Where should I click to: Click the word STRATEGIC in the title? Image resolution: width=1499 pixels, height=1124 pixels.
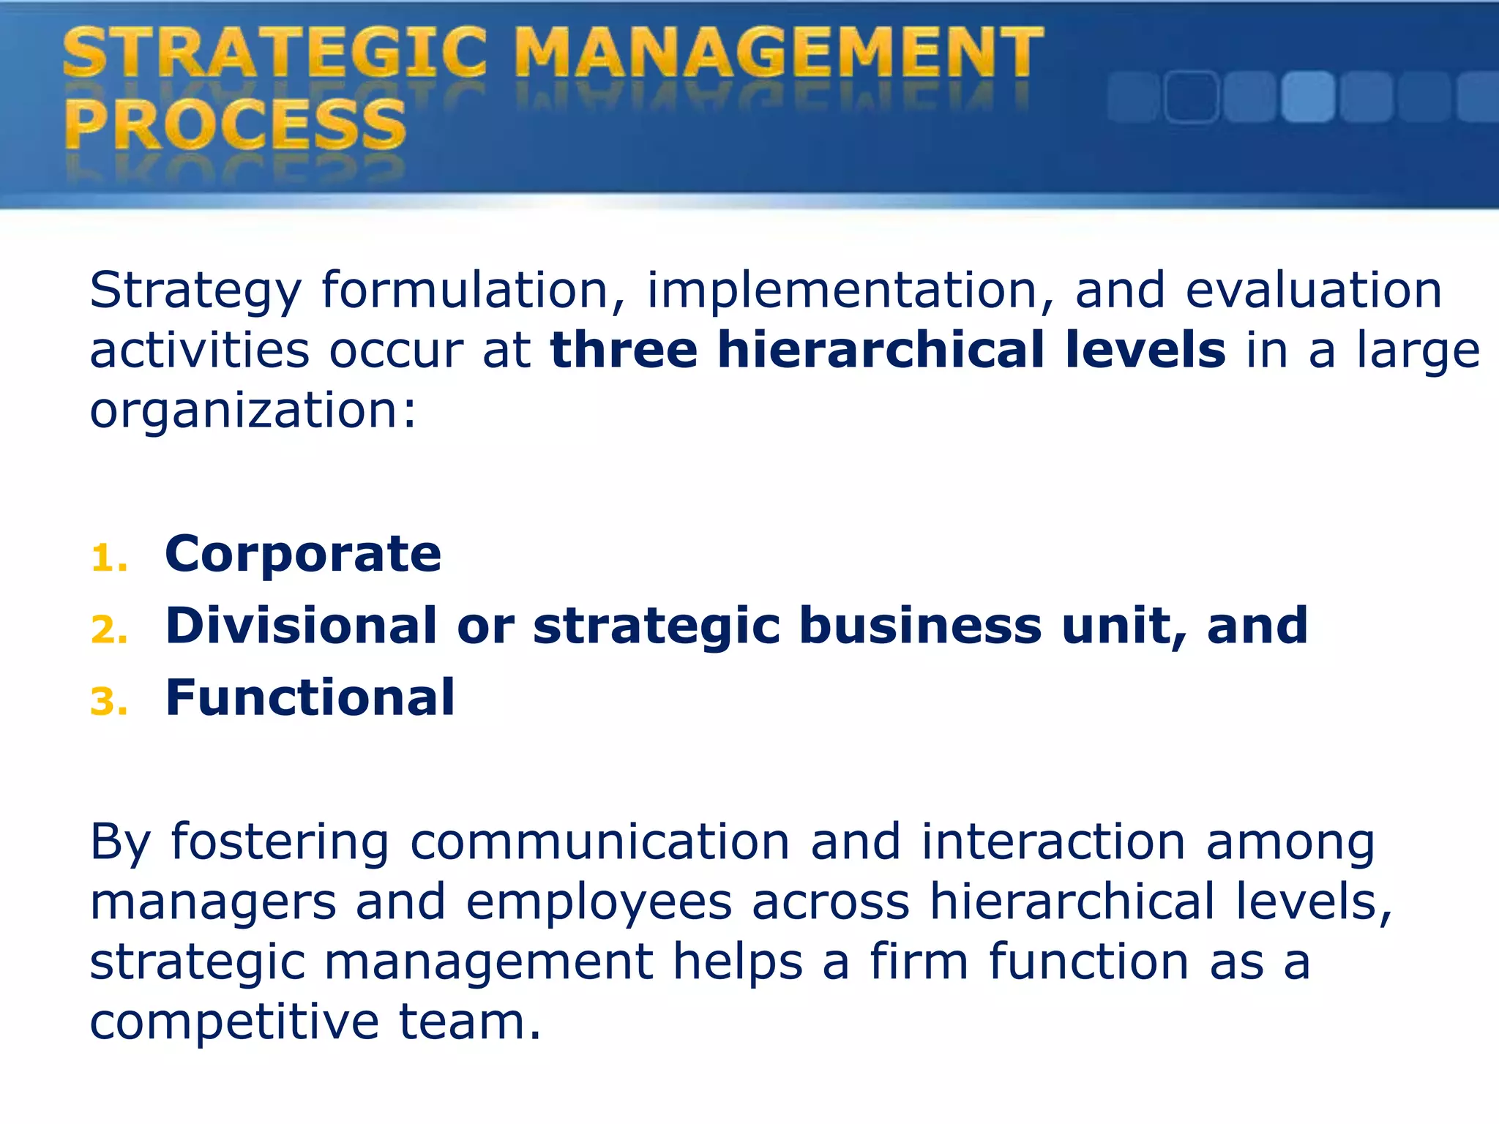pos(274,53)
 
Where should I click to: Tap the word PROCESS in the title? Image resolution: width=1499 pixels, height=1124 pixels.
pos(235,124)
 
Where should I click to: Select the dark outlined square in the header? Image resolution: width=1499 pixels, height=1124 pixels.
pos(1191,97)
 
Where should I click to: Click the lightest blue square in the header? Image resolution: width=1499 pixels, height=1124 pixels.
pos(1307,97)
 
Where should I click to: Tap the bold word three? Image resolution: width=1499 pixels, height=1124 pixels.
pos(624,350)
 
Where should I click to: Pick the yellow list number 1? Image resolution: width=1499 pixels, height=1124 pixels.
pos(108,559)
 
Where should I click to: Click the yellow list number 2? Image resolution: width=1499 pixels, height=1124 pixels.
pos(108,631)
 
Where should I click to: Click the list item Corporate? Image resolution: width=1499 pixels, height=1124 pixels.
pos(303,554)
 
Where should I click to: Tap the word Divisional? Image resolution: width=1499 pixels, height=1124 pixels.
pos(301,626)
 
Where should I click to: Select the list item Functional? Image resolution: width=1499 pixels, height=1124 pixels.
pos(310,697)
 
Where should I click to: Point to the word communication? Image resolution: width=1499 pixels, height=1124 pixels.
pos(599,842)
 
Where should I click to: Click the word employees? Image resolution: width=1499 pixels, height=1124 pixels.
pos(598,902)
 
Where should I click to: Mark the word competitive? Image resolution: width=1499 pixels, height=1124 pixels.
pos(234,1022)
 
